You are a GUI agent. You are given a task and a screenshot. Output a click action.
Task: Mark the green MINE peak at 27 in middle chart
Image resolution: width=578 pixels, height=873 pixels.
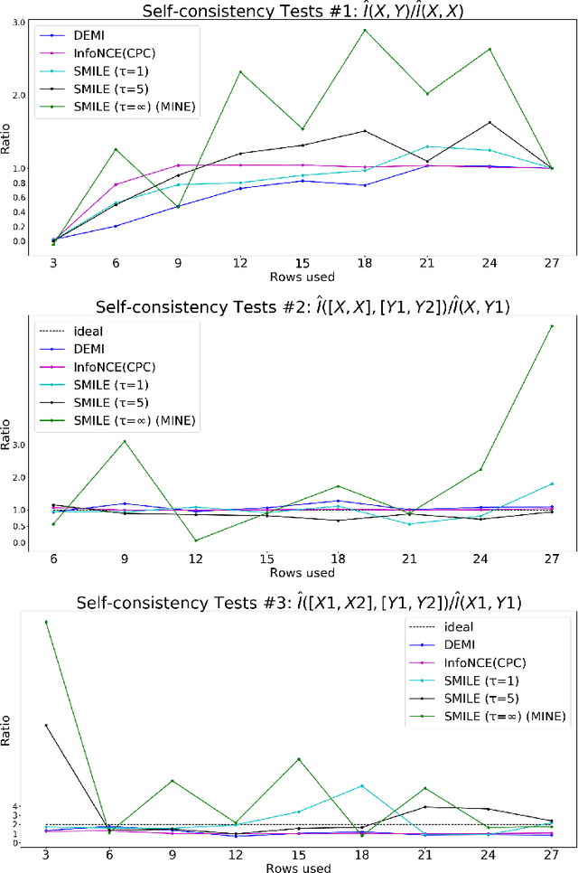[x=551, y=325]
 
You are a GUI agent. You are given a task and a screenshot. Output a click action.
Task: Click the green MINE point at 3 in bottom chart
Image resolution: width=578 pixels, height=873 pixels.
[x=46, y=622]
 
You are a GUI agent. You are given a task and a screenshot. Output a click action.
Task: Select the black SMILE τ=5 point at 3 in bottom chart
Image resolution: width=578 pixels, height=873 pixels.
[x=46, y=725]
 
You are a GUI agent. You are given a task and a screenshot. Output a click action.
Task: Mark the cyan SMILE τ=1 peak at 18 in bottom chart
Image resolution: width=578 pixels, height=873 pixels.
[x=362, y=785]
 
